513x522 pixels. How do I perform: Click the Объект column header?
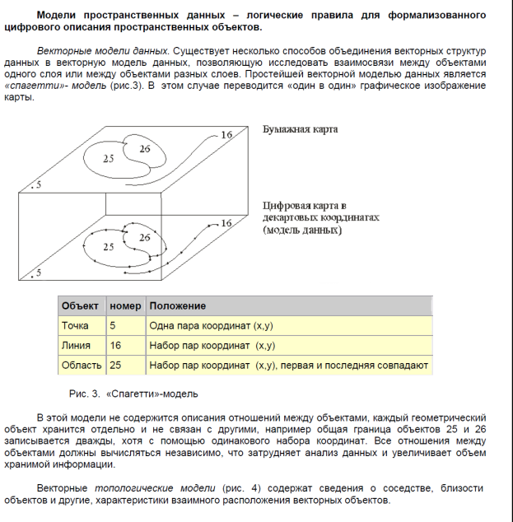pos(80,306)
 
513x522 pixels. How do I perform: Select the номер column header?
pos(125,306)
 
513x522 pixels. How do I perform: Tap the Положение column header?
pos(178,306)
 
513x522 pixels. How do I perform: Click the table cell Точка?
pos(76,326)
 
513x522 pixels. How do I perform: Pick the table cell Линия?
pos(77,346)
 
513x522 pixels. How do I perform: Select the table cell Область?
pos(82,365)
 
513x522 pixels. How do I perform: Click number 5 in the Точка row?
pos(113,326)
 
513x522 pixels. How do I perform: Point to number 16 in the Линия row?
pos(115,346)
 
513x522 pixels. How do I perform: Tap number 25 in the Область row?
pos(115,365)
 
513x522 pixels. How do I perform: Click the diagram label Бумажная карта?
pos(300,130)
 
